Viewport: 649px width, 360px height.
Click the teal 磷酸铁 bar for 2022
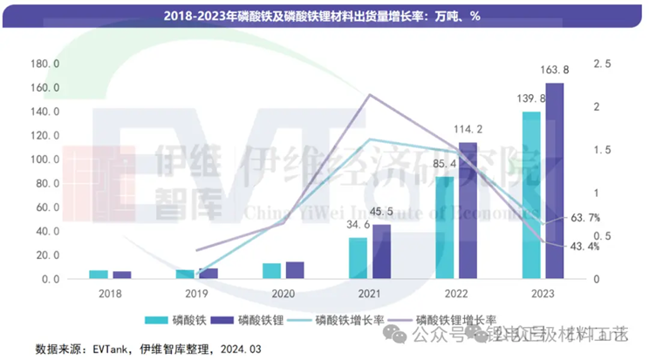click(x=445, y=228)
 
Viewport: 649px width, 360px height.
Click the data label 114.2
click(x=468, y=131)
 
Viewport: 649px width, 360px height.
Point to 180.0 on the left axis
click(x=45, y=64)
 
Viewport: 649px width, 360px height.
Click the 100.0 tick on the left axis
click(x=45, y=160)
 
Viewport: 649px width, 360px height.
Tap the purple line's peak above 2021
click(x=370, y=95)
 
